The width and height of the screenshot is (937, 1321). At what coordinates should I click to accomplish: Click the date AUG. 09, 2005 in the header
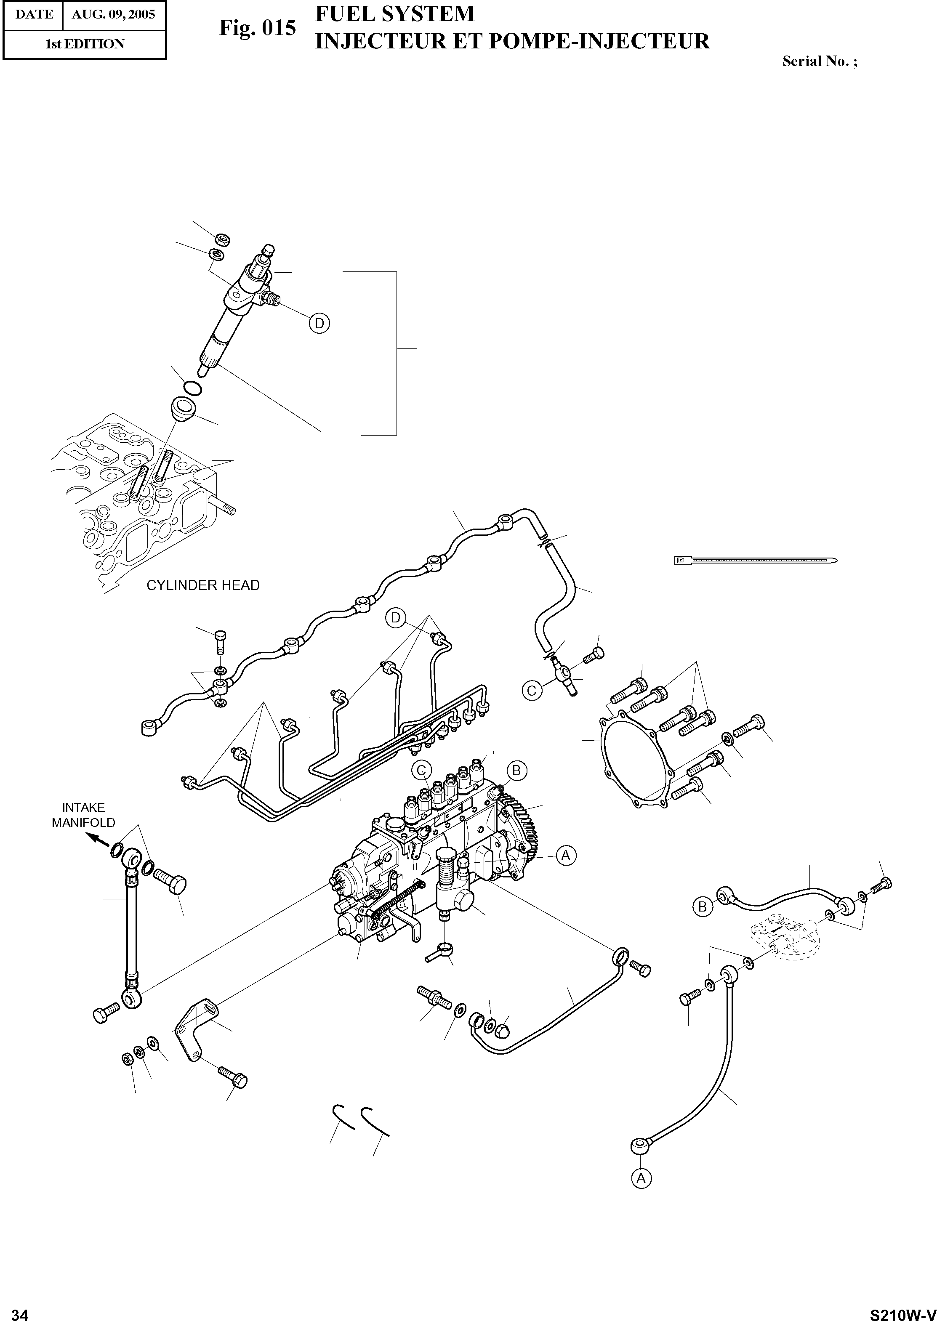click(x=113, y=14)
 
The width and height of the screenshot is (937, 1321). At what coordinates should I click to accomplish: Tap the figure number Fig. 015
click(x=257, y=28)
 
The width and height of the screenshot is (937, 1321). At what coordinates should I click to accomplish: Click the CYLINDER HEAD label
click(x=203, y=585)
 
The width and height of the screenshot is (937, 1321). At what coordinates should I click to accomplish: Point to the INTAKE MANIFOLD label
click(x=84, y=815)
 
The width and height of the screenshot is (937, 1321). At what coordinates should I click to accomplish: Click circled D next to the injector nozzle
click(x=319, y=324)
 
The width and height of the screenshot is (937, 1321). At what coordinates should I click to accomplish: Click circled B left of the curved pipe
click(x=702, y=907)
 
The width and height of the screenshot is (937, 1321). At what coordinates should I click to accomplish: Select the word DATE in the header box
click(x=34, y=14)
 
